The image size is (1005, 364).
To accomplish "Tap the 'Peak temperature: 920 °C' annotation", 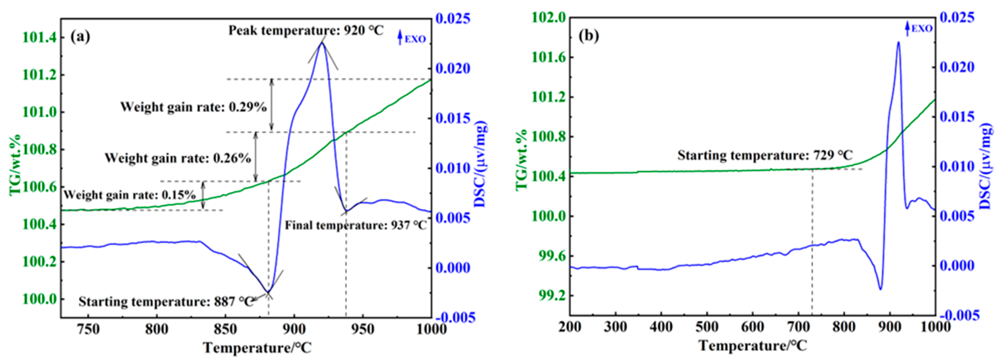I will click(306, 30).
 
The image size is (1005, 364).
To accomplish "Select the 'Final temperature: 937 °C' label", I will click(356, 225).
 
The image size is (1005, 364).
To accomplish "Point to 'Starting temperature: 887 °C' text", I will click(166, 301).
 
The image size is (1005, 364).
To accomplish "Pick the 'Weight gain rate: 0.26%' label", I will click(177, 158).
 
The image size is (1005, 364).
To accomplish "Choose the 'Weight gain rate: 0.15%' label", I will click(130, 195).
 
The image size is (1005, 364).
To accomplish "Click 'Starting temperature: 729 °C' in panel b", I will click(765, 155).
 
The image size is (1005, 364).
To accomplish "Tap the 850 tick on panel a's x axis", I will click(225, 329).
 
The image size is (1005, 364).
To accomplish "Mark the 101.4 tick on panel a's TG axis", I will click(39, 38).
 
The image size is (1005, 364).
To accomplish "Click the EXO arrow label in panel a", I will click(411, 39).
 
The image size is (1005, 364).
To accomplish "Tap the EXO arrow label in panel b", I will click(919, 29).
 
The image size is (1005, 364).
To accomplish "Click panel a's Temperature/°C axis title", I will click(257, 347).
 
